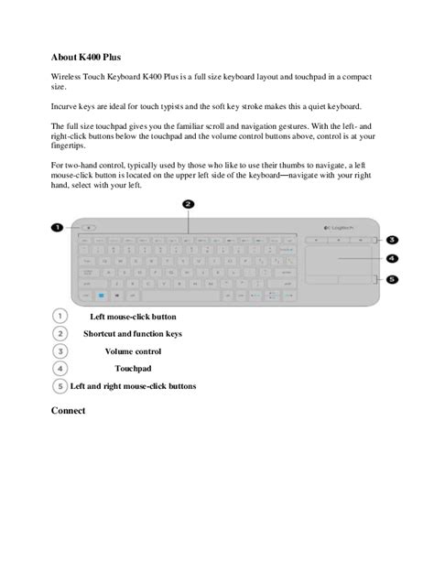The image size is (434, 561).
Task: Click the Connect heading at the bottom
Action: pos(69,411)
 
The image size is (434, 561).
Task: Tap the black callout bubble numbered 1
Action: pos(55,228)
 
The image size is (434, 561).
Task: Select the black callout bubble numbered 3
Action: pos(392,239)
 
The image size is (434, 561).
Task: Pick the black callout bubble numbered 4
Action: pos(392,259)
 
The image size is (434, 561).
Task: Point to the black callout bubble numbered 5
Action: pos(392,279)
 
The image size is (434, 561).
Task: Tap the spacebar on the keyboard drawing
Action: pos(188,296)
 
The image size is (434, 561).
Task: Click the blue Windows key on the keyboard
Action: pos(103,296)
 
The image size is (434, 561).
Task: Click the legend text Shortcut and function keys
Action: pos(133,334)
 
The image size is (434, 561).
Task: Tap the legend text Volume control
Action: pos(133,351)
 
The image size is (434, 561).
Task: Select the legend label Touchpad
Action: pos(133,368)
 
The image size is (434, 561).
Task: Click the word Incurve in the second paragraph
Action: pos(66,105)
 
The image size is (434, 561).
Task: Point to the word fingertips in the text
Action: pos(72,145)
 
